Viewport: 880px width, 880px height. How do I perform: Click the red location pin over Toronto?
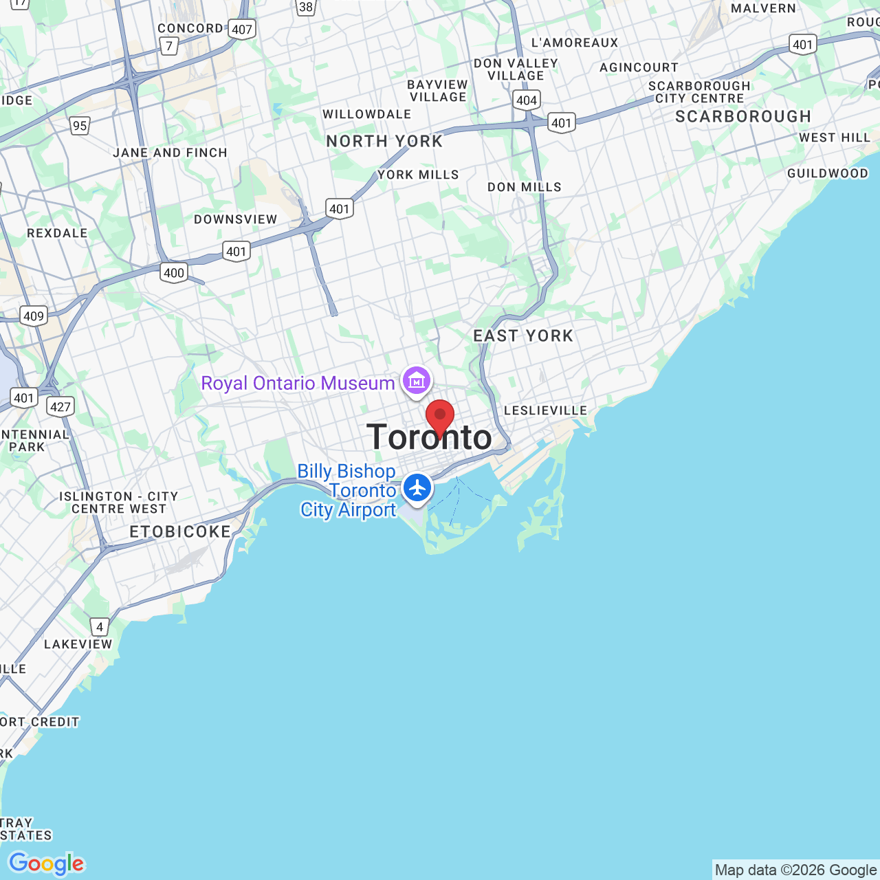[440, 416]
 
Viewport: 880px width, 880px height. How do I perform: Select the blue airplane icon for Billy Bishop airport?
[417, 488]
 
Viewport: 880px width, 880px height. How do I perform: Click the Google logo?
[46, 863]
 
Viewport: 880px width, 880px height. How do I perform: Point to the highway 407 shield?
[242, 30]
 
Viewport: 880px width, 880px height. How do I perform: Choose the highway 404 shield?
[527, 100]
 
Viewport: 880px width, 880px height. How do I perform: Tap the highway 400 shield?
[174, 273]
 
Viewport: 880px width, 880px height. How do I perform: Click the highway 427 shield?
[60, 406]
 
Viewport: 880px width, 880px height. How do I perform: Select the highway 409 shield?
[34, 316]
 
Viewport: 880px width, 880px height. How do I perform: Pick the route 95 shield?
[80, 125]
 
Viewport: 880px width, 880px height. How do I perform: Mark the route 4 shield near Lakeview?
[100, 626]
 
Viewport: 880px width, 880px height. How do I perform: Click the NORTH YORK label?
[384, 142]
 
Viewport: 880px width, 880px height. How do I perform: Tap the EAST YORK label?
[523, 336]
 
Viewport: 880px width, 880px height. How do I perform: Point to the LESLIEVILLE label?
[546, 410]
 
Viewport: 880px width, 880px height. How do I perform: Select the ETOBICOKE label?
[180, 531]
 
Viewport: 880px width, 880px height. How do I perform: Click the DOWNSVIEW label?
[236, 219]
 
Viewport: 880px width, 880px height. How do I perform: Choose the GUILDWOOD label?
[828, 173]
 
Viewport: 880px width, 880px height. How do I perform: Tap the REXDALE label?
[58, 233]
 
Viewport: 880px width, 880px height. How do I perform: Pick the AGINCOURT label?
[639, 67]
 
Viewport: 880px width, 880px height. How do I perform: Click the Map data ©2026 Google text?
[795, 870]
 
